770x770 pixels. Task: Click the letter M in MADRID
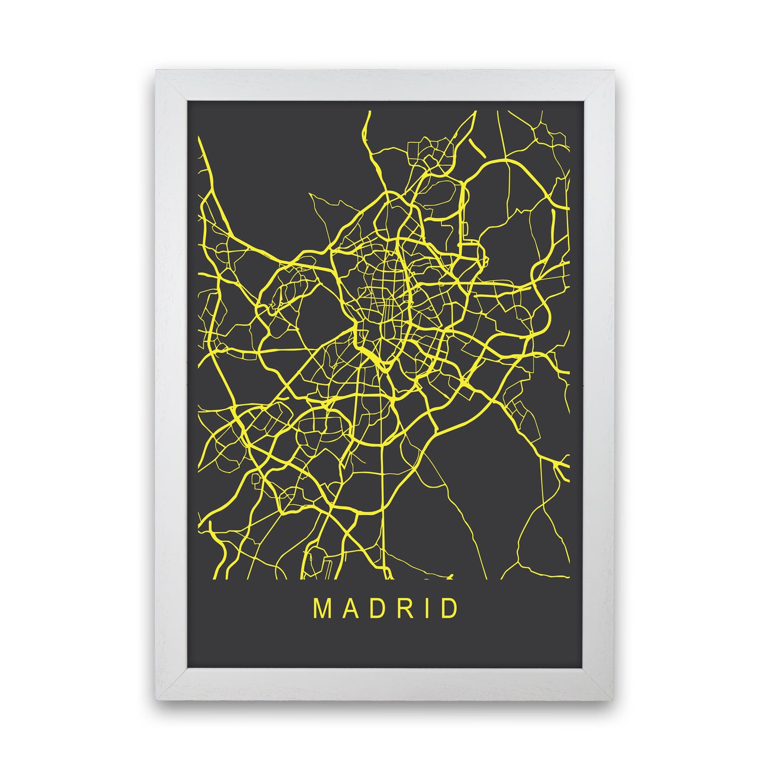tap(322, 609)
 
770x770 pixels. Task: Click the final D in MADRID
tap(448, 609)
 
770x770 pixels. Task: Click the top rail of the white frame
tap(385, 85)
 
